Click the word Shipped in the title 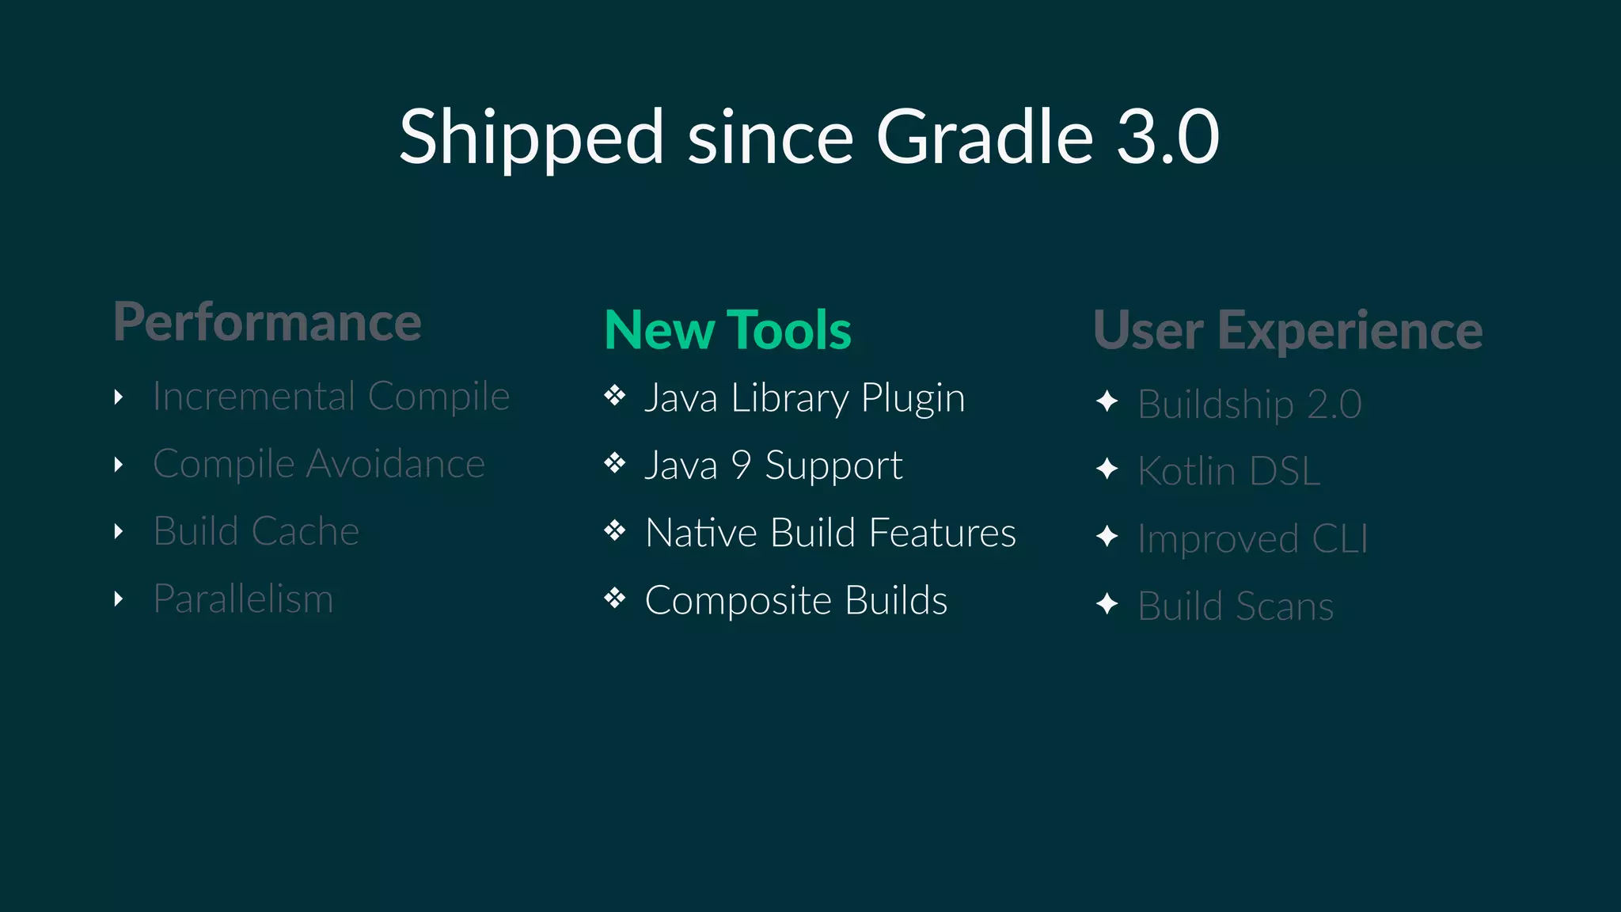[530, 139]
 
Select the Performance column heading [268, 322]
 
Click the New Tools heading [727, 330]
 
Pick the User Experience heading [1288, 330]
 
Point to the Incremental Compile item [331, 396]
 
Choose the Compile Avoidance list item [318, 463]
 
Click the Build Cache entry [256, 530]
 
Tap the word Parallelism [243, 598]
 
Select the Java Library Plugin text [804, 397]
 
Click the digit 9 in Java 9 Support [741, 465]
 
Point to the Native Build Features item [830, 532]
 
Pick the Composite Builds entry [795, 600]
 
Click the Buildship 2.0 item [1249, 404]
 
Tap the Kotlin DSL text [1228, 471]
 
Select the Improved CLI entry [1252, 538]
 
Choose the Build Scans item [1235, 606]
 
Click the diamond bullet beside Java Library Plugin [615, 395]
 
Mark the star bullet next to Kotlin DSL [1107, 469]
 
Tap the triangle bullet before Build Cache [119, 531]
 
